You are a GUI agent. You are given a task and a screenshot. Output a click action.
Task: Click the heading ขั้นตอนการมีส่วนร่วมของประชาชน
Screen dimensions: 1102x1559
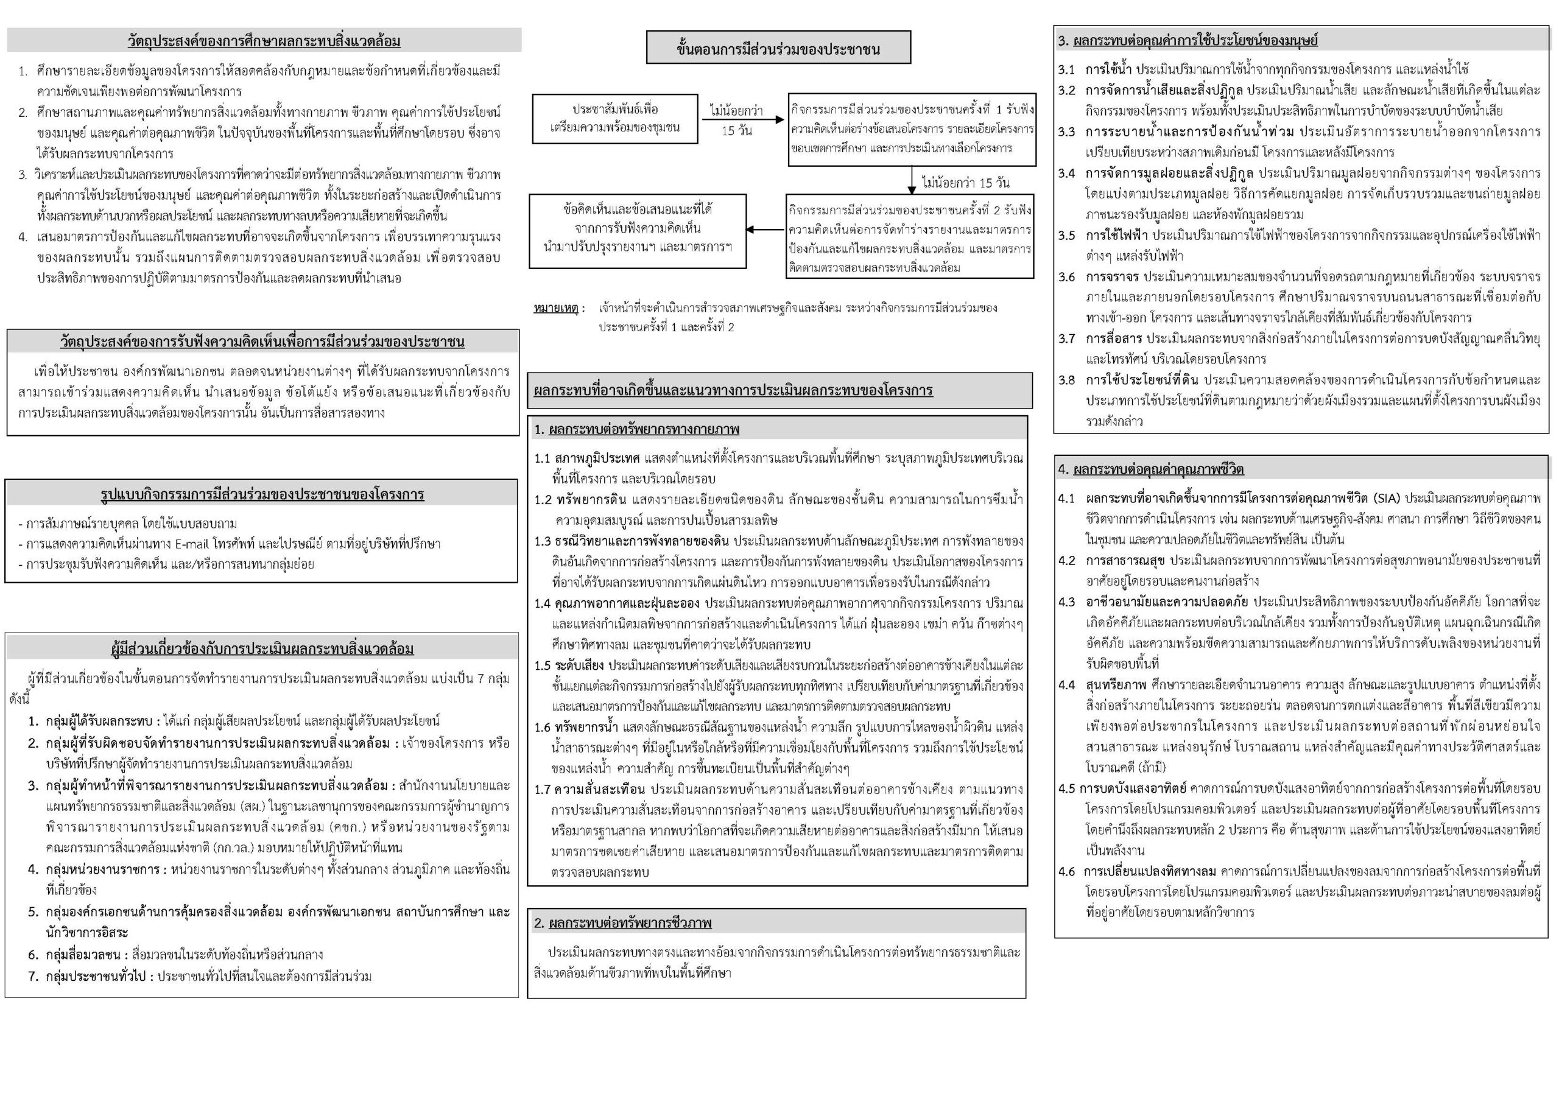(778, 48)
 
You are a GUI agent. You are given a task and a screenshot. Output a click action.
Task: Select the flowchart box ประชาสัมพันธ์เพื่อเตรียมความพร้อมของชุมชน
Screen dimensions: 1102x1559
(614, 119)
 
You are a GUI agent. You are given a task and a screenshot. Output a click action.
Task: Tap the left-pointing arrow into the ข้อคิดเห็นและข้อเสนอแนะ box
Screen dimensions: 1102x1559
(765, 230)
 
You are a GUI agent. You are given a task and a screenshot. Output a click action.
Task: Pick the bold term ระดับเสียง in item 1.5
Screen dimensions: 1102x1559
(579, 665)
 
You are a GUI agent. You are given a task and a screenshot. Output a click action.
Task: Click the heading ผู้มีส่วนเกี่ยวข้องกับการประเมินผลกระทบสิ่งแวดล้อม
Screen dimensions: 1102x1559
(262, 649)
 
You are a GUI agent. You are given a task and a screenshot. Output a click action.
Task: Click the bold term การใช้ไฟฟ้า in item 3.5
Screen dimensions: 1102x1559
(1116, 236)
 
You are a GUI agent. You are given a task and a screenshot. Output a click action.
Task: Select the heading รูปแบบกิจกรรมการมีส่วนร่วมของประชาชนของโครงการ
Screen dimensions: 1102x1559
(261, 494)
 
